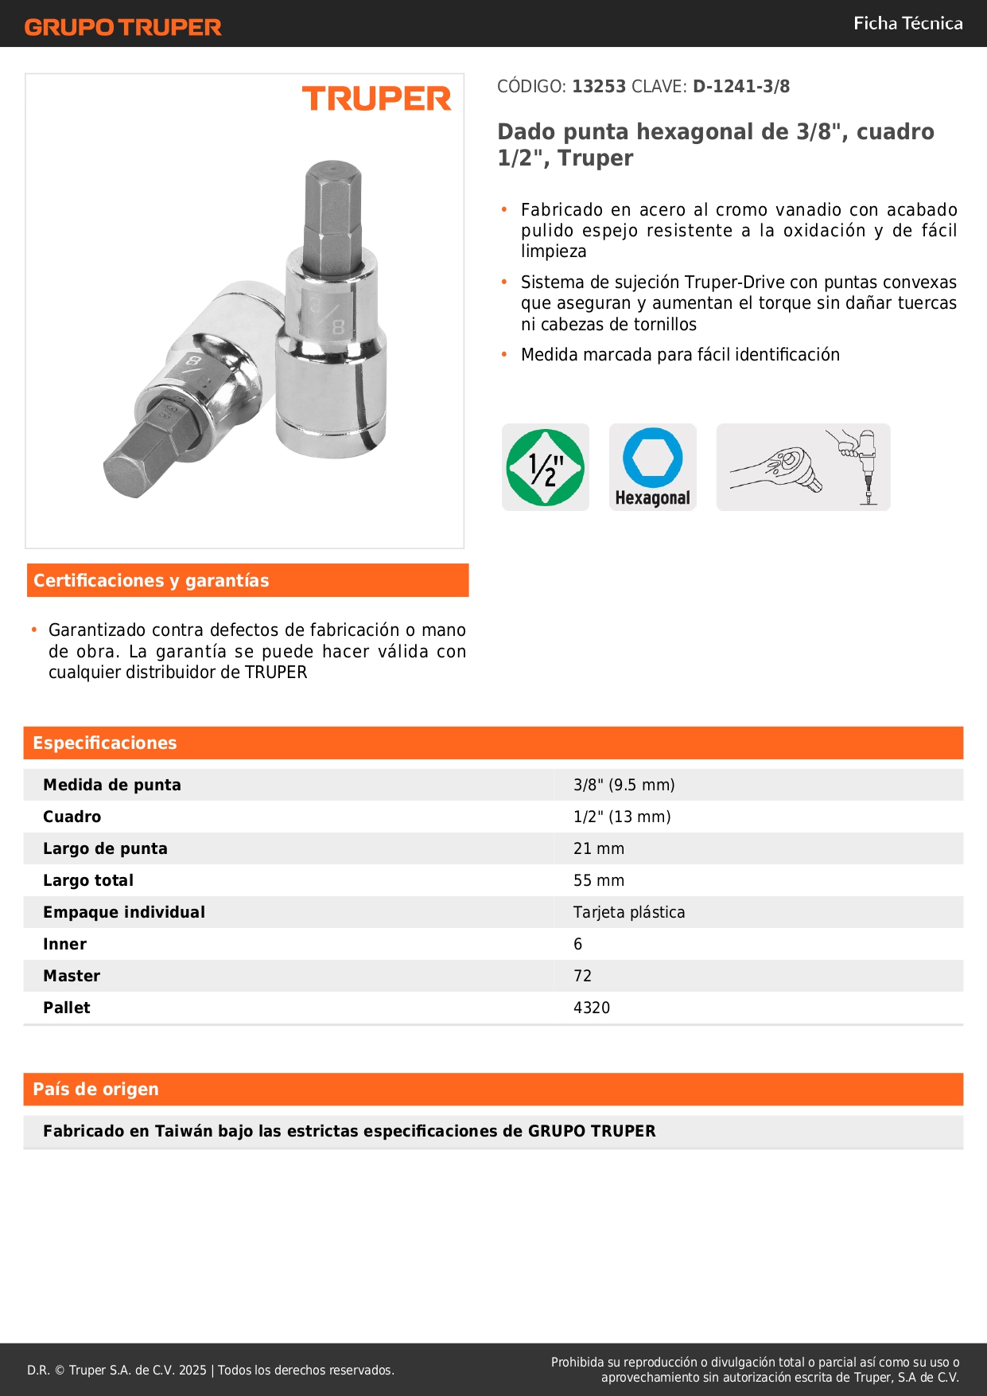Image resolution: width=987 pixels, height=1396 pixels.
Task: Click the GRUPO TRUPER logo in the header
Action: [122, 27]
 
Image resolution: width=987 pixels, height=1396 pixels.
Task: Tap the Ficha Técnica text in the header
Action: [907, 23]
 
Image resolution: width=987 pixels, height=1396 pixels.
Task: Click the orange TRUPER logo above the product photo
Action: [376, 99]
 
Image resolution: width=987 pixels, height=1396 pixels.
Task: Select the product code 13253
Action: [599, 87]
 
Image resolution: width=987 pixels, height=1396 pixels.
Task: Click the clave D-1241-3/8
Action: [741, 87]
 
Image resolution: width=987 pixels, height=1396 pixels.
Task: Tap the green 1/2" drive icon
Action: [546, 467]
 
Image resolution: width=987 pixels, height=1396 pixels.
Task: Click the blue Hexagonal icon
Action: [652, 466]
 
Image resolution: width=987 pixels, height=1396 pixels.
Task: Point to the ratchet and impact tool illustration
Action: [803, 467]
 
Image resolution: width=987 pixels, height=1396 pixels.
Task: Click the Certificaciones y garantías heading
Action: [151, 581]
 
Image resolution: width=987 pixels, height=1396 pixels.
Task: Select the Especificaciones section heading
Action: [105, 743]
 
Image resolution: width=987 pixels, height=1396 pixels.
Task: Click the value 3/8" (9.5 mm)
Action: [624, 786]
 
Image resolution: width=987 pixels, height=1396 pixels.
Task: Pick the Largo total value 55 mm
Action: [598, 881]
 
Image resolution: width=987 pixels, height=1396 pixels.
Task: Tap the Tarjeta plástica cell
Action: [628, 913]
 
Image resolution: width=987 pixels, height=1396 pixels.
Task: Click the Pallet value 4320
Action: [591, 1008]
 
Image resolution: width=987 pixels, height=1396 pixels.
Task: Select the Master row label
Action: [72, 977]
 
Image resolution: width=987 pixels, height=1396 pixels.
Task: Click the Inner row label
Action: [64, 945]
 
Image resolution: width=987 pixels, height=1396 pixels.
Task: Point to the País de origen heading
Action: [95, 1090]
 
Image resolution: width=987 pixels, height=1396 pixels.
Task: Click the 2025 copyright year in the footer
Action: [192, 1371]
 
